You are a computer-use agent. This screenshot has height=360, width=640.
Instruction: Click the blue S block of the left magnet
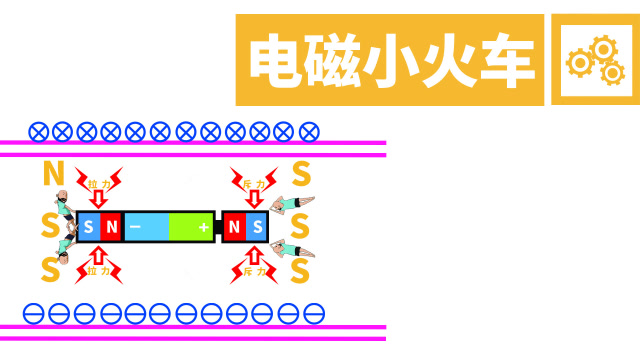click(88, 228)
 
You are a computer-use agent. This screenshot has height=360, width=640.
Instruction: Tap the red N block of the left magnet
click(111, 228)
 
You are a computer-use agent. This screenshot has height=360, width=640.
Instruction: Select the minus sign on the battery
click(135, 228)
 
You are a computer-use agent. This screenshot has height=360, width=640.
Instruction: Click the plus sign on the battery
click(204, 228)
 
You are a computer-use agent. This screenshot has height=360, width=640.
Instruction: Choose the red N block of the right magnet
click(233, 228)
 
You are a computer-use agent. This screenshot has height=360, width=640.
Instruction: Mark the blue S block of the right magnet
click(257, 228)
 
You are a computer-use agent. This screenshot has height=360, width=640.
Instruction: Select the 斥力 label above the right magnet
click(254, 185)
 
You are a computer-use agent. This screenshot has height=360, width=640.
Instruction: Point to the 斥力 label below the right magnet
click(254, 271)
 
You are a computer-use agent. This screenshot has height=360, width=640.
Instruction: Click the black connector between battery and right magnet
click(217, 228)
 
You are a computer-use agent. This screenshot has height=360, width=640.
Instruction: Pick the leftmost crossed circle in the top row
click(38, 131)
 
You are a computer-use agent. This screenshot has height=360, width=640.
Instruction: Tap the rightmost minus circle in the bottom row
click(313, 313)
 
